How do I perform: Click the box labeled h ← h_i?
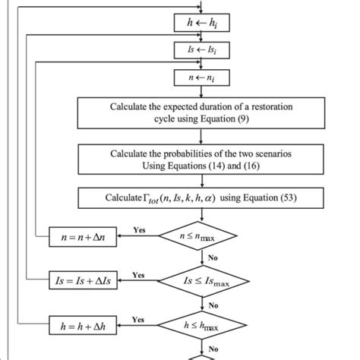click(201, 24)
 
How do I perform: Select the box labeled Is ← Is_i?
click(201, 50)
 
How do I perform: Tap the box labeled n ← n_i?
click(201, 77)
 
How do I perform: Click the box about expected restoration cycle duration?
click(201, 112)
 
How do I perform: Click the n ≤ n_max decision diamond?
click(201, 237)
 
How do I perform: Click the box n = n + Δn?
click(82, 238)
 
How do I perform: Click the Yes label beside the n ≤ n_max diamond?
click(139, 229)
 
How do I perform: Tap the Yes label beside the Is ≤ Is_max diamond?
click(138, 274)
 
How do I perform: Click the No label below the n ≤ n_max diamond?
click(213, 258)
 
